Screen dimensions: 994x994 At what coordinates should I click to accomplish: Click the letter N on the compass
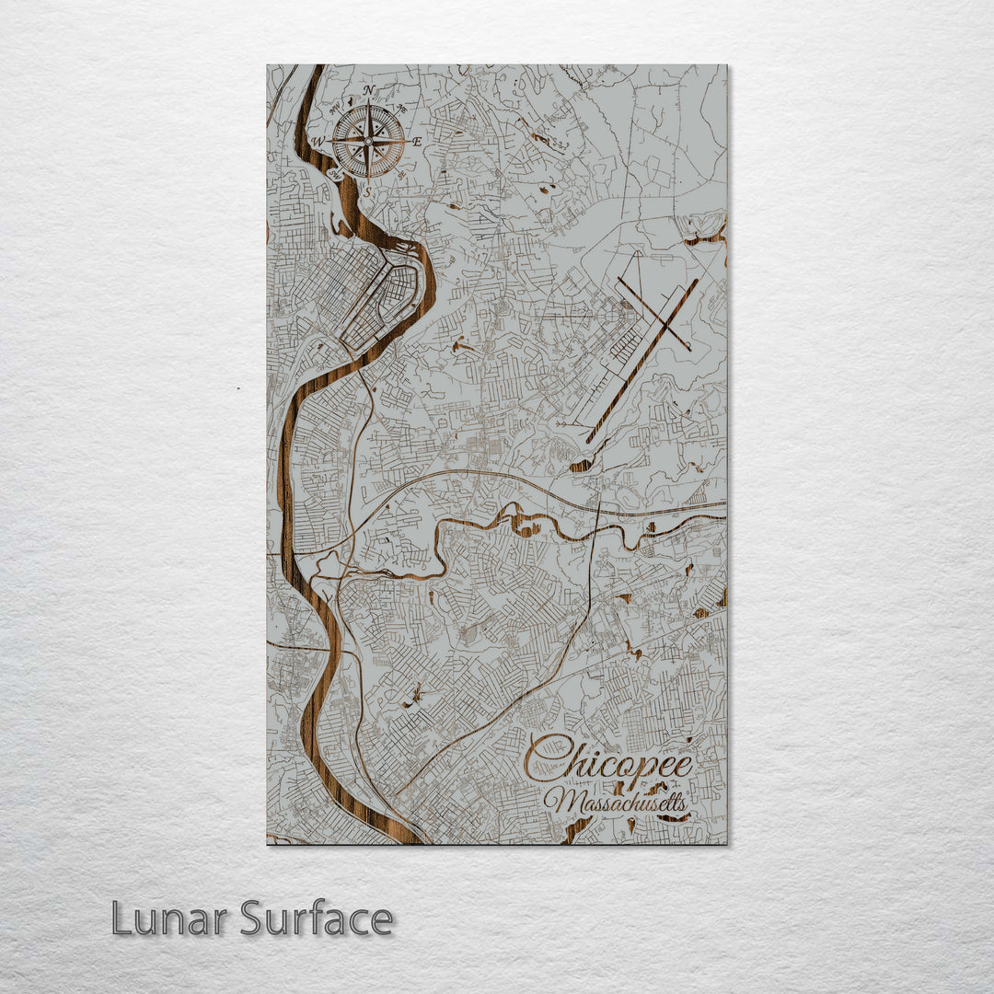[368, 90]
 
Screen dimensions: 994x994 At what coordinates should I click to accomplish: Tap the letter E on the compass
[417, 142]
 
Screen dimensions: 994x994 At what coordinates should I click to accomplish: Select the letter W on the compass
[319, 142]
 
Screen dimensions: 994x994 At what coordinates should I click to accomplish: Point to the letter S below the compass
[368, 192]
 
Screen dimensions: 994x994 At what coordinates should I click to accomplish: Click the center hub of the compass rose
[368, 142]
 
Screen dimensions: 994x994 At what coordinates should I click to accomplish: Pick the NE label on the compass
[400, 109]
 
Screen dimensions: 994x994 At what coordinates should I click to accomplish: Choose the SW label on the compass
[337, 175]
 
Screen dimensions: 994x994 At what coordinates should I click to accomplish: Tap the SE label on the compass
[400, 175]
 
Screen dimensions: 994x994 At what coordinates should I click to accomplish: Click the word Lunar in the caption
[170, 919]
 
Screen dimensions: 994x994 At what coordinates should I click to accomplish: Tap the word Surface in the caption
[317, 919]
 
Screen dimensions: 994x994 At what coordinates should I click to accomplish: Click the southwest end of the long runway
[589, 440]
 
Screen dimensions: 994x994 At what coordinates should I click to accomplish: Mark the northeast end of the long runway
[698, 282]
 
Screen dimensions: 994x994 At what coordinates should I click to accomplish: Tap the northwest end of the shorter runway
[618, 279]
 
